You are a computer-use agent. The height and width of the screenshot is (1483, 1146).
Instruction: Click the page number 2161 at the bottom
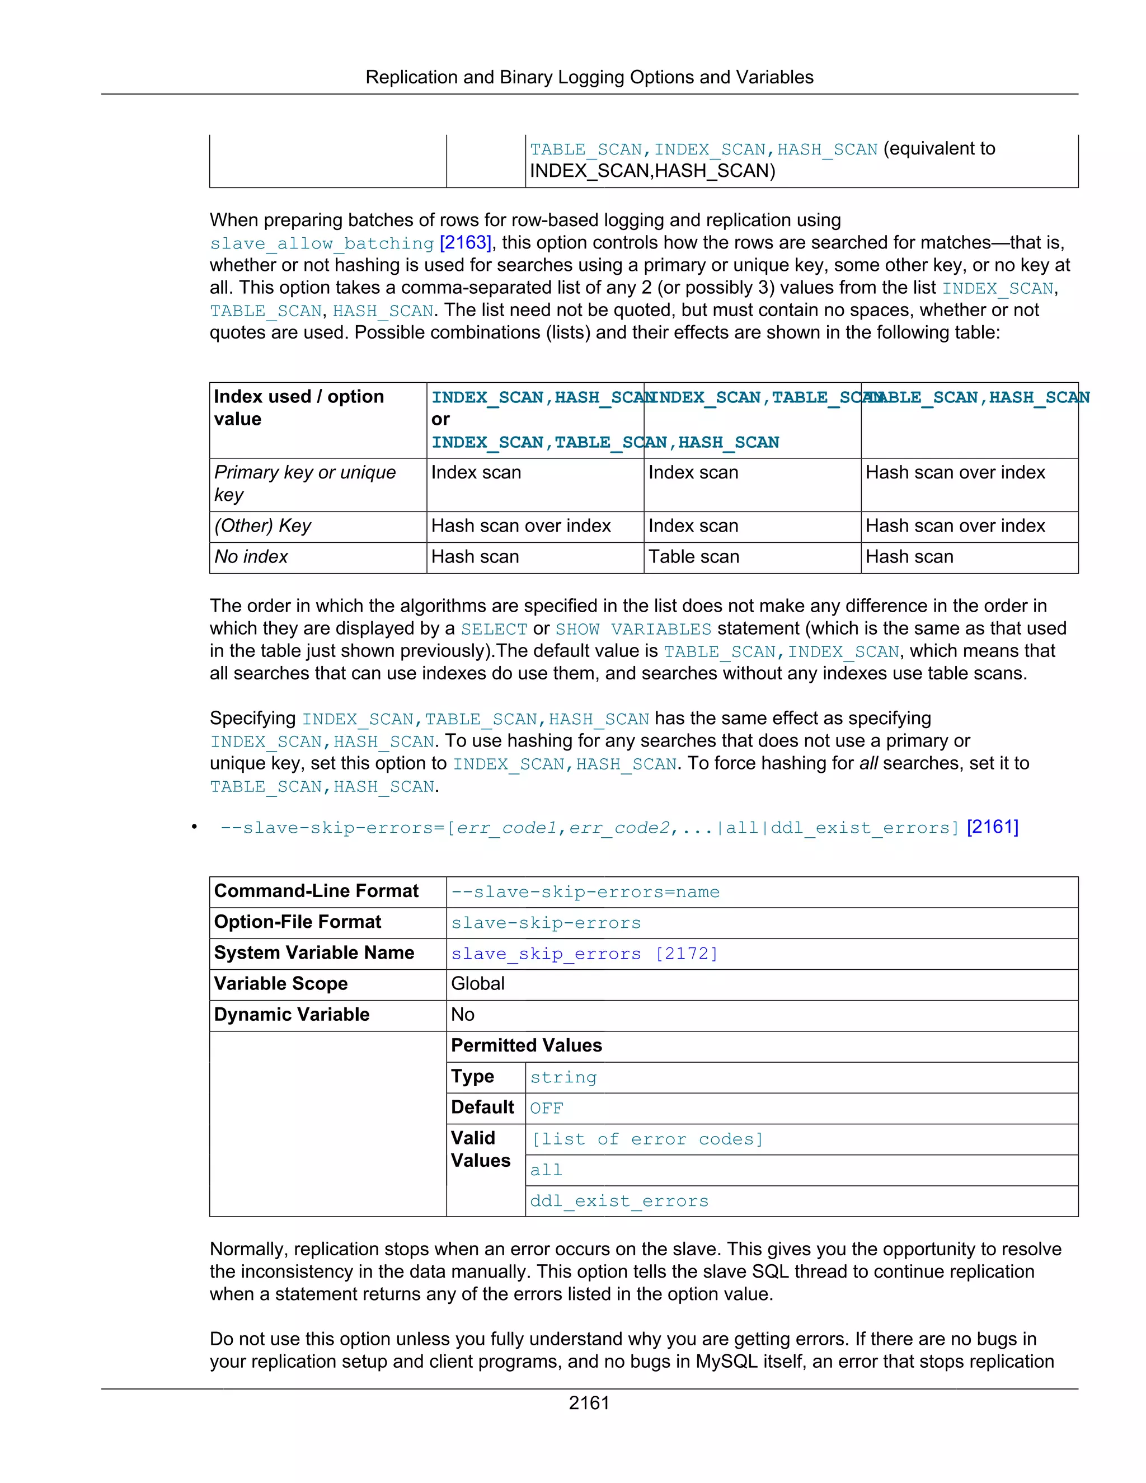click(x=589, y=1403)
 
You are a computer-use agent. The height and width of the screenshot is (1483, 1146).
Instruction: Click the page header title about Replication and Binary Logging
click(x=589, y=77)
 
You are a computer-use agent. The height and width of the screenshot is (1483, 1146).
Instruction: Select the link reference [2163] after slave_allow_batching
click(x=465, y=242)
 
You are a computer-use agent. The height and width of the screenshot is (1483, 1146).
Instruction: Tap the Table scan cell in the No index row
click(x=693, y=557)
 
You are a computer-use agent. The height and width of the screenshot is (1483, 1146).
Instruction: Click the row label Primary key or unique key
click(x=305, y=483)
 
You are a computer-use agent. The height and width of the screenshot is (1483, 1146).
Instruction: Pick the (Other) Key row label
click(x=262, y=525)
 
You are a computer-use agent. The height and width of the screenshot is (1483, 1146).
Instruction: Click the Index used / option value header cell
click(x=299, y=407)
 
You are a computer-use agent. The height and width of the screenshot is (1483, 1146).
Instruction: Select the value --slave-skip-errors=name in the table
click(x=585, y=891)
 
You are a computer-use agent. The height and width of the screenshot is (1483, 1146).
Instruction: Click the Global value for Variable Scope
click(x=477, y=984)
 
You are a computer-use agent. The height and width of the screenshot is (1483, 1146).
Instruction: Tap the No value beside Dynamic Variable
click(x=462, y=1015)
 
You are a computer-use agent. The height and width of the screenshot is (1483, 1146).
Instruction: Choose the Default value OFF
click(x=547, y=1108)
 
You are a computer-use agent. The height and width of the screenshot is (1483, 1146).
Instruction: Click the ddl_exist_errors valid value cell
click(x=618, y=1201)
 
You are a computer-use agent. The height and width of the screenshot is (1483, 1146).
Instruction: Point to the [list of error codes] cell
click(x=646, y=1139)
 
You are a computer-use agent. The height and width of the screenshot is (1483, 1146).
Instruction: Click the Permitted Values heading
click(x=526, y=1046)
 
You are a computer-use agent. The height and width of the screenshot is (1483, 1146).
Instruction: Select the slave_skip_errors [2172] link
click(x=584, y=954)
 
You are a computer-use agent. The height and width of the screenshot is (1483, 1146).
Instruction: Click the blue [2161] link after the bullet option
click(x=992, y=827)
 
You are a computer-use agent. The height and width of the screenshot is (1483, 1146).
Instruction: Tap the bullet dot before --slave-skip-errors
click(x=194, y=827)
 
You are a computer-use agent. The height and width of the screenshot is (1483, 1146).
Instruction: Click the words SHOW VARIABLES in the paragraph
click(x=633, y=629)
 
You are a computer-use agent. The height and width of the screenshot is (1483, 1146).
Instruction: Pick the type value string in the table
click(x=563, y=1078)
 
